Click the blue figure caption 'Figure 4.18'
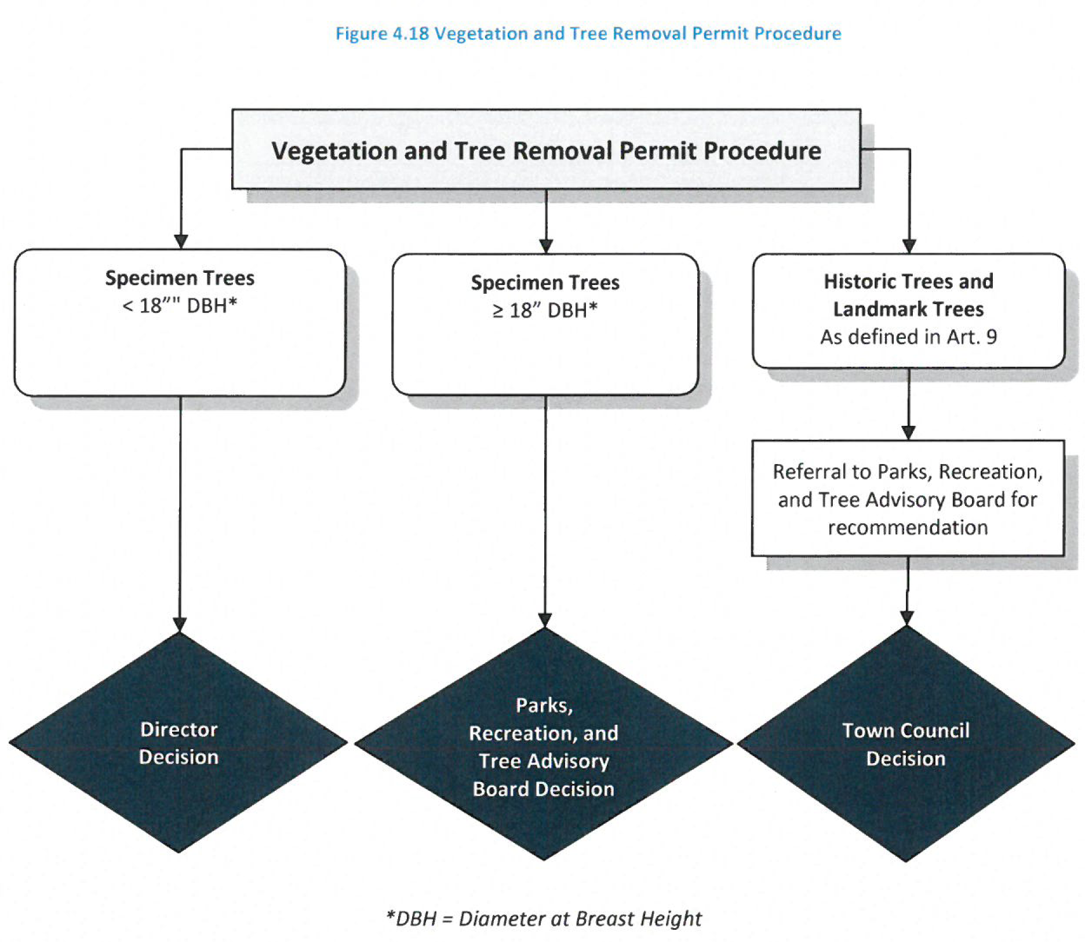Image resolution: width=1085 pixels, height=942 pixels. click(383, 34)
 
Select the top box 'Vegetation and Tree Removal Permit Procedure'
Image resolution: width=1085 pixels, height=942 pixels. click(546, 149)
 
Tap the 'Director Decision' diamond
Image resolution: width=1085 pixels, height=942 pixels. click(179, 743)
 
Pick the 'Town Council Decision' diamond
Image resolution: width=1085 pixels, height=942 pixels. click(906, 744)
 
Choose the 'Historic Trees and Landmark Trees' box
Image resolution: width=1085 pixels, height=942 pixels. click(908, 309)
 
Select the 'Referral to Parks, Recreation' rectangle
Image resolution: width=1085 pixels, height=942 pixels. click(908, 498)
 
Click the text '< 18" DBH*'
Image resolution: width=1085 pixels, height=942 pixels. click(180, 305)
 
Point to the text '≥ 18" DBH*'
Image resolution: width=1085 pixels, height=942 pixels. click(545, 311)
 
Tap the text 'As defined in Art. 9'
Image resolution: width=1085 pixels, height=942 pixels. click(908, 337)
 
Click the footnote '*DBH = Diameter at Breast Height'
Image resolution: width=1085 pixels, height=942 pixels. click(544, 918)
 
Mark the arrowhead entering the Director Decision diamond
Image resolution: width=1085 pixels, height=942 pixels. click(180, 625)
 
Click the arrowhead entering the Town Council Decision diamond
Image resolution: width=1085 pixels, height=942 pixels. click(907, 618)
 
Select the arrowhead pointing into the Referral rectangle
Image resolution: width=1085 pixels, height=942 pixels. click(908, 433)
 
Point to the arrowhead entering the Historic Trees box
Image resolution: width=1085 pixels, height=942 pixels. click(909, 246)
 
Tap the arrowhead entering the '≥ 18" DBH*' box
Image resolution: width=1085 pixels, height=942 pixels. click(546, 246)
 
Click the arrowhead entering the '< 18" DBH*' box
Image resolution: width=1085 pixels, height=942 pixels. click(181, 242)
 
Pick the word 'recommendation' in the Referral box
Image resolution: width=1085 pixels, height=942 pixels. click(908, 527)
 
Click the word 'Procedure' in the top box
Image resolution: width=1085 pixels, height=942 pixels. click(762, 151)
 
